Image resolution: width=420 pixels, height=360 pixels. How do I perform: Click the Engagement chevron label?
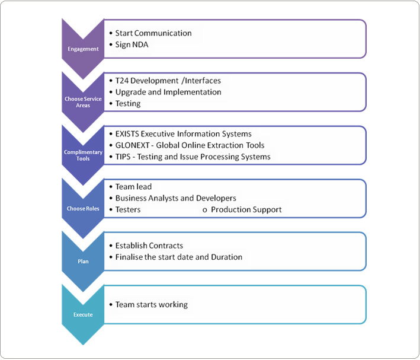click(83, 49)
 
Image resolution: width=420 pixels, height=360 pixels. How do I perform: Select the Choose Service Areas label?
click(83, 102)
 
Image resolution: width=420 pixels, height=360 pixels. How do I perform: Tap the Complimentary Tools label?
click(83, 155)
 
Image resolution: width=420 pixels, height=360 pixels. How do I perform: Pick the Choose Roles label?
click(83, 208)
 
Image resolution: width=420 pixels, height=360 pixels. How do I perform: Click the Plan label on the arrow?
click(83, 262)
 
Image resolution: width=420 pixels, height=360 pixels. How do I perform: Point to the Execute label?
click(83, 314)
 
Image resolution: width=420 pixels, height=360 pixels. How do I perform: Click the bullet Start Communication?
click(153, 33)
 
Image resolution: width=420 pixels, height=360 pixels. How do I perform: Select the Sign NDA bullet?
click(132, 44)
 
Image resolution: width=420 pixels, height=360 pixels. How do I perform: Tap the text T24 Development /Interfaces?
click(168, 81)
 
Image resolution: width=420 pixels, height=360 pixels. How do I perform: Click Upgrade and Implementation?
click(168, 92)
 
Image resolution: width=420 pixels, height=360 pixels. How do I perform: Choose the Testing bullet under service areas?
click(128, 104)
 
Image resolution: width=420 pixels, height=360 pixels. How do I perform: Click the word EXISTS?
click(127, 133)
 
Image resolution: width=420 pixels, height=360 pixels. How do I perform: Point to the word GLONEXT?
click(132, 145)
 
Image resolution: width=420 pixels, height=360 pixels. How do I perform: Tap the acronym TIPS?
click(123, 157)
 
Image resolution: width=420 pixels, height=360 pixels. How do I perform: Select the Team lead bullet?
click(133, 186)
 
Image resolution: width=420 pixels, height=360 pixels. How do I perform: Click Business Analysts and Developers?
click(176, 198)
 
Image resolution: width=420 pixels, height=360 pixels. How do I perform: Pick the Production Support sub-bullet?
click(246, 209)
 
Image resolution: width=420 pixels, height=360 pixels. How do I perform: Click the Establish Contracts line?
click(149, 246)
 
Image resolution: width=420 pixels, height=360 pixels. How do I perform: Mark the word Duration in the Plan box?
click(227, 257)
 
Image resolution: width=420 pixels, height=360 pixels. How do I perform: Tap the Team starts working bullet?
click(152, 304)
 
